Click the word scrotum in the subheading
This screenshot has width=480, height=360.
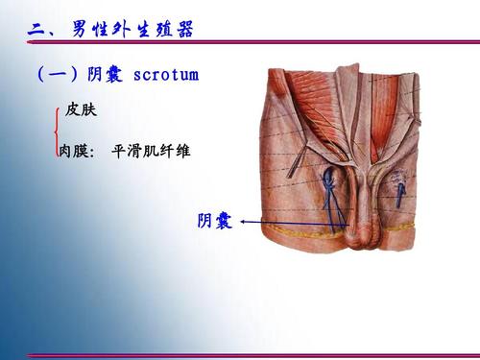tap(165, 75)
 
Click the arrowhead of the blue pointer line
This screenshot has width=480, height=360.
tap(244, 221)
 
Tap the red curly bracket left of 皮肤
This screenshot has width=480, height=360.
tap(59, 132)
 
